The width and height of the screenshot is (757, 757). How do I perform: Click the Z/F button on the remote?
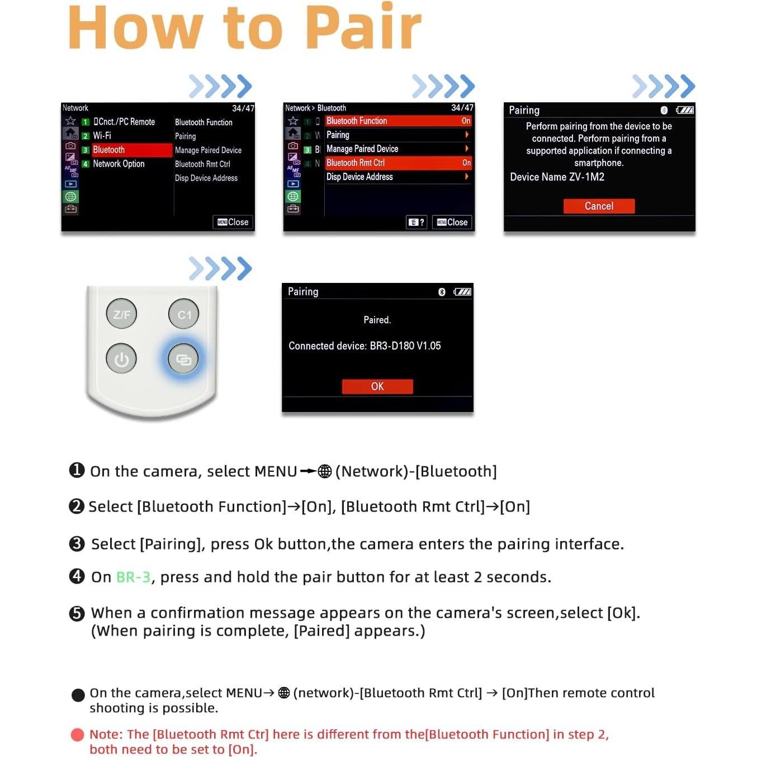[121, 314]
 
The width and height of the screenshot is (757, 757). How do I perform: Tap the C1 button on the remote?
[184, 314]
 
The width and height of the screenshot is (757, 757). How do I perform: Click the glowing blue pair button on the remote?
[183, 359]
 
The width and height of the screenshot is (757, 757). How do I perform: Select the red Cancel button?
[599, 206]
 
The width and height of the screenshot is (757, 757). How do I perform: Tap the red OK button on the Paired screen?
[377, 386]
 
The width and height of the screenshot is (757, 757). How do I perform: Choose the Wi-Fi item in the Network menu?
[102, 136]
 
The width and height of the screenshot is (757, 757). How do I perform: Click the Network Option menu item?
[119, 164]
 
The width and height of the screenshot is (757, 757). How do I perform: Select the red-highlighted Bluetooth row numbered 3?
[126, 150]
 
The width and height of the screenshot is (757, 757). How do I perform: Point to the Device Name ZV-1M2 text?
[557, 177]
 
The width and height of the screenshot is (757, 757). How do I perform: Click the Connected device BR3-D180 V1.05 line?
[365, 346]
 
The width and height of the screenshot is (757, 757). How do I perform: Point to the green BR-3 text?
[133, 577]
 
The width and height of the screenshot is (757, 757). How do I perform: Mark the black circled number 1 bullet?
[77, 470]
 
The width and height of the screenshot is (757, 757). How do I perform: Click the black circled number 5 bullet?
[77, 613]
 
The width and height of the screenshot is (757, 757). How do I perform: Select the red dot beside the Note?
[78, 735]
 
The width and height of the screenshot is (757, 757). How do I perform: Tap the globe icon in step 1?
[325, 471]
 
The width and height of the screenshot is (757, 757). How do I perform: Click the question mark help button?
[417, 223]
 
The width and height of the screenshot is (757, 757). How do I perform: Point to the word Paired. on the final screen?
[377, 320]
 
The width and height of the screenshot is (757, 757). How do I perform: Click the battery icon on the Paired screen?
[462, 292]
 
